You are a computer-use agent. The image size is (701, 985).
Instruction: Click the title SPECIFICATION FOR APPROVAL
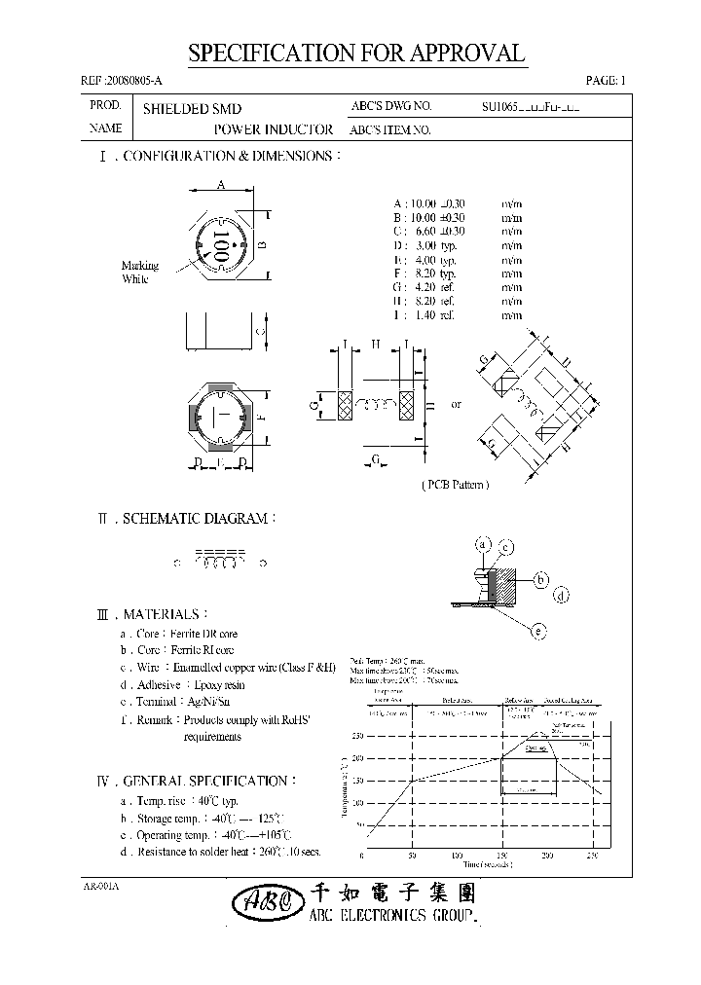tap(356, 54)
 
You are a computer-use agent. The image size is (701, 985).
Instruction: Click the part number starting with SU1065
tap(531, 108)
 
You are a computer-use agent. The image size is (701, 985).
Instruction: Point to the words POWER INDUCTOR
tap(273, 129)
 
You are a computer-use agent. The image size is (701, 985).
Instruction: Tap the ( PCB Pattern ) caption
tap(455, 484)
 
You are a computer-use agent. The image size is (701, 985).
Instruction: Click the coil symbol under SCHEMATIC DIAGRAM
tap(219, 563)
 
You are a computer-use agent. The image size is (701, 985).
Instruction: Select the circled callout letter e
tap(536, 632)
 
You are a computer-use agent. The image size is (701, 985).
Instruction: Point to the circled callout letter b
tap(540, 580)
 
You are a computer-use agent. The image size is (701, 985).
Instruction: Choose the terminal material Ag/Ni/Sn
tap(207, 701)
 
